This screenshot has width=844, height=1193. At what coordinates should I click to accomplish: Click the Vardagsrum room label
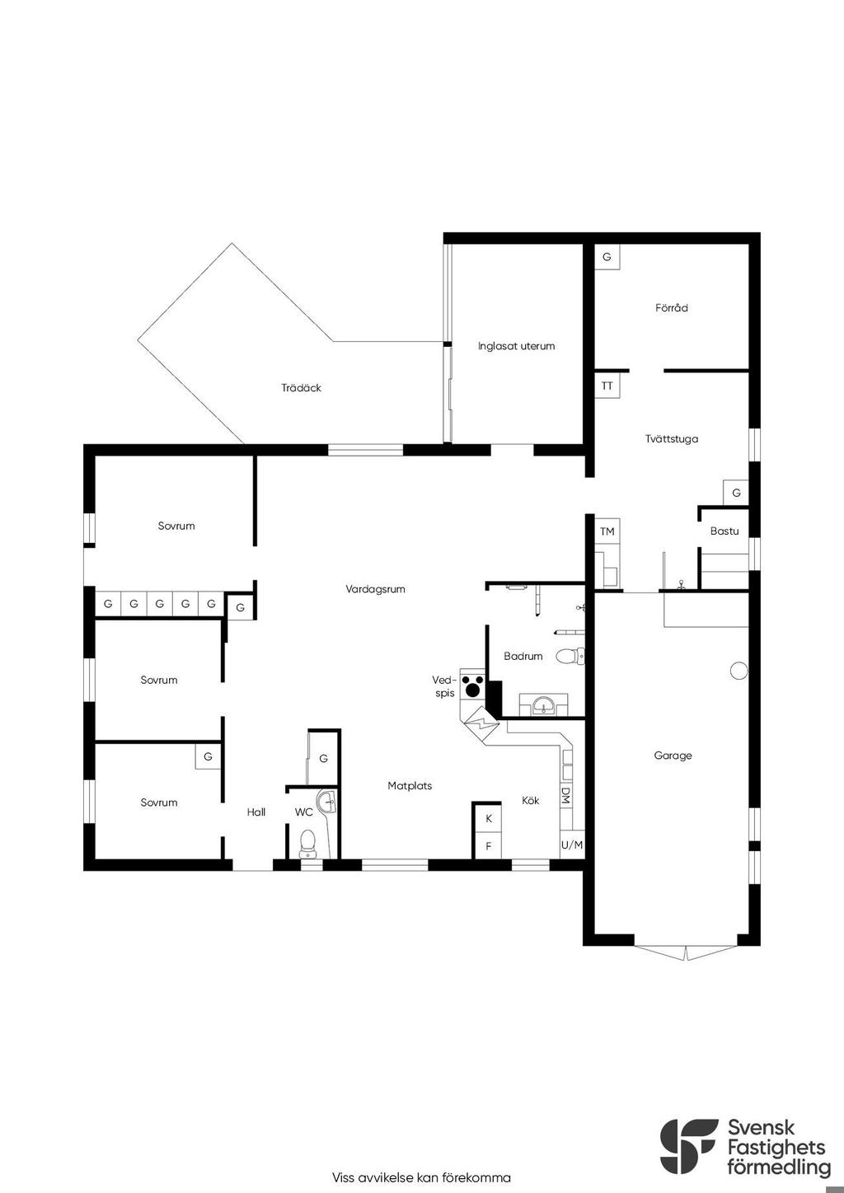[375, 589]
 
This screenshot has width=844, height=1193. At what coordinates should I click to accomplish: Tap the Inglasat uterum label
[516, 346]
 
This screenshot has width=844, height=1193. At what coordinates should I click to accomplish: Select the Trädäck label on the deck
[301, 387]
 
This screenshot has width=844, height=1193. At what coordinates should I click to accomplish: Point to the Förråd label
[671, 308]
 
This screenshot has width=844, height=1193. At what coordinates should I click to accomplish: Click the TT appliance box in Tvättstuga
[607, 386]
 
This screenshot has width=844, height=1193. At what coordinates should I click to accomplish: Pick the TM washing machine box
[607, 531]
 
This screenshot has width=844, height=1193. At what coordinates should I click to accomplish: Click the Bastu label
[724, 531]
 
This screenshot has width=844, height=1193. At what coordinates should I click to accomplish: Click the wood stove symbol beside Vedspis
[472, 685]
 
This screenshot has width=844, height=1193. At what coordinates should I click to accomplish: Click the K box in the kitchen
[488, 818]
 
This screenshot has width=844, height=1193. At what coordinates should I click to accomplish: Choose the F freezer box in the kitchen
[488, 846]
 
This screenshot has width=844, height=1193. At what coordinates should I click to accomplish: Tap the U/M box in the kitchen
[572, 844]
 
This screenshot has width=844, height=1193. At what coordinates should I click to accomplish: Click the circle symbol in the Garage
[738, 671]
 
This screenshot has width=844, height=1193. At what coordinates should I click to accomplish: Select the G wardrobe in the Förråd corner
[607, 257]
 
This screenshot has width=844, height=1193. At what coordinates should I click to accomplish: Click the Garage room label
[673, 756]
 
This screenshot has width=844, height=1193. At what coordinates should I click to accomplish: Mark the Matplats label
[410, 786]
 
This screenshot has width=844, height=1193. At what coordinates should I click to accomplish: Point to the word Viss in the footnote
[345, 1177]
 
